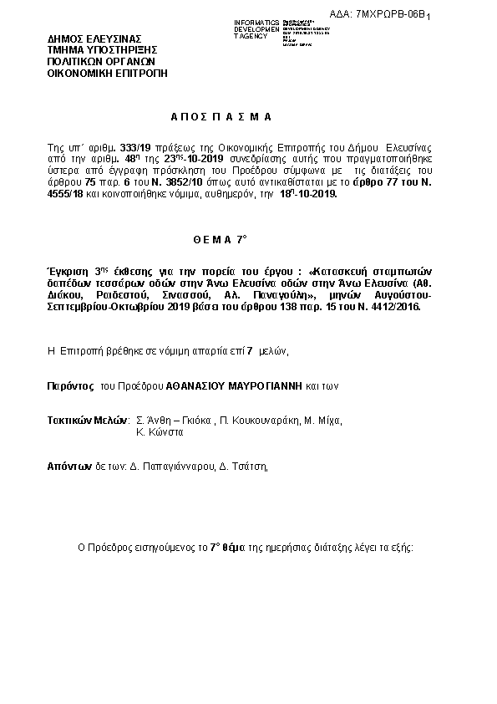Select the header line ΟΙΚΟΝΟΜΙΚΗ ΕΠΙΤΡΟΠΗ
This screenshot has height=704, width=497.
[107, 73]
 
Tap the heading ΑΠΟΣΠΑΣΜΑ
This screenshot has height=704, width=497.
[216, 117]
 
